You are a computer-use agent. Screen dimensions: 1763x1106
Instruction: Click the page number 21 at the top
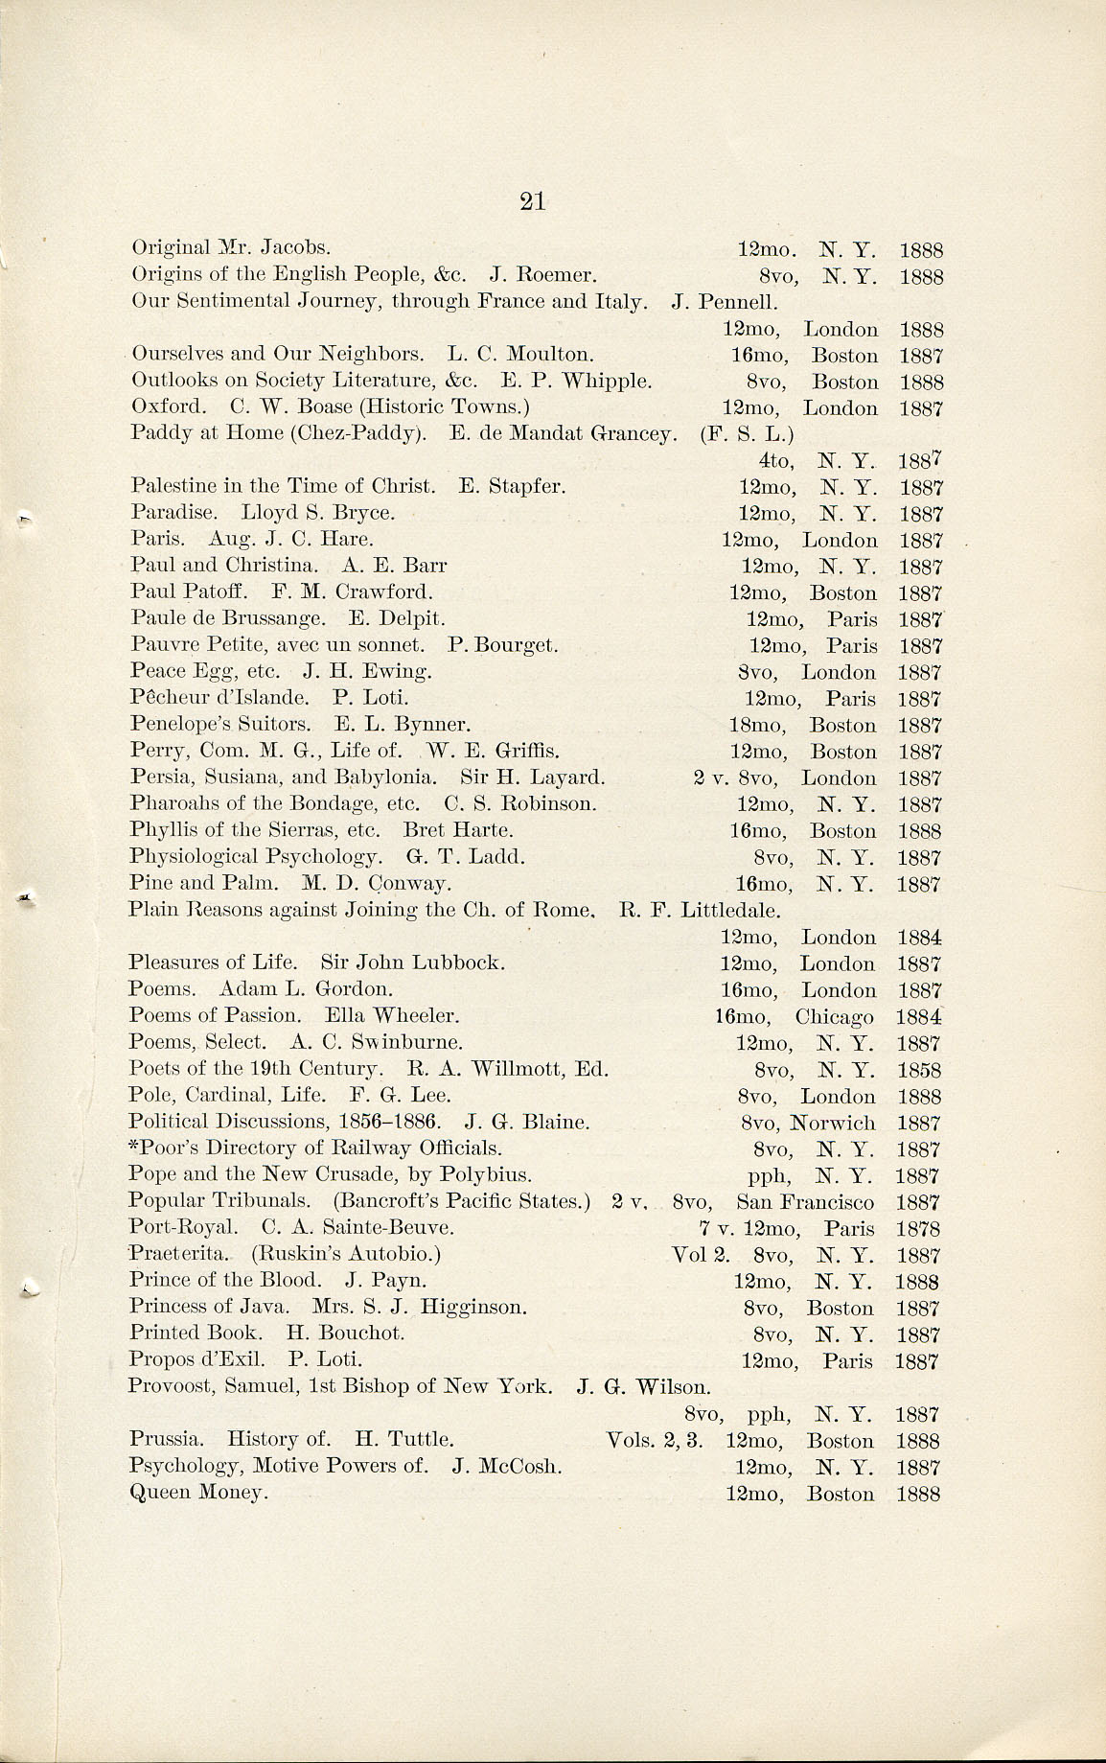click(x=532, y=200)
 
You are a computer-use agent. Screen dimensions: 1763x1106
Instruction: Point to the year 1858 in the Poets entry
click(x=919, y=1070)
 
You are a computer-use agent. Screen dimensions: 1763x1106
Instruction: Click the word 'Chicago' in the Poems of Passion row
click(x=834, y=1016)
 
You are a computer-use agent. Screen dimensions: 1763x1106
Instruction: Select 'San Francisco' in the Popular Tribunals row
click(x=805, y=1202)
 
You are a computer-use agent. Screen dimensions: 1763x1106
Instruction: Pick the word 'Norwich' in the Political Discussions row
click(x=835, y=1123)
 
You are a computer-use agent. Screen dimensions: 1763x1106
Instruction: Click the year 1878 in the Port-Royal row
click(x=919, y=1229)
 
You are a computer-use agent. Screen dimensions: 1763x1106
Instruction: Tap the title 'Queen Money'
click(x=197, y=1493)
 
